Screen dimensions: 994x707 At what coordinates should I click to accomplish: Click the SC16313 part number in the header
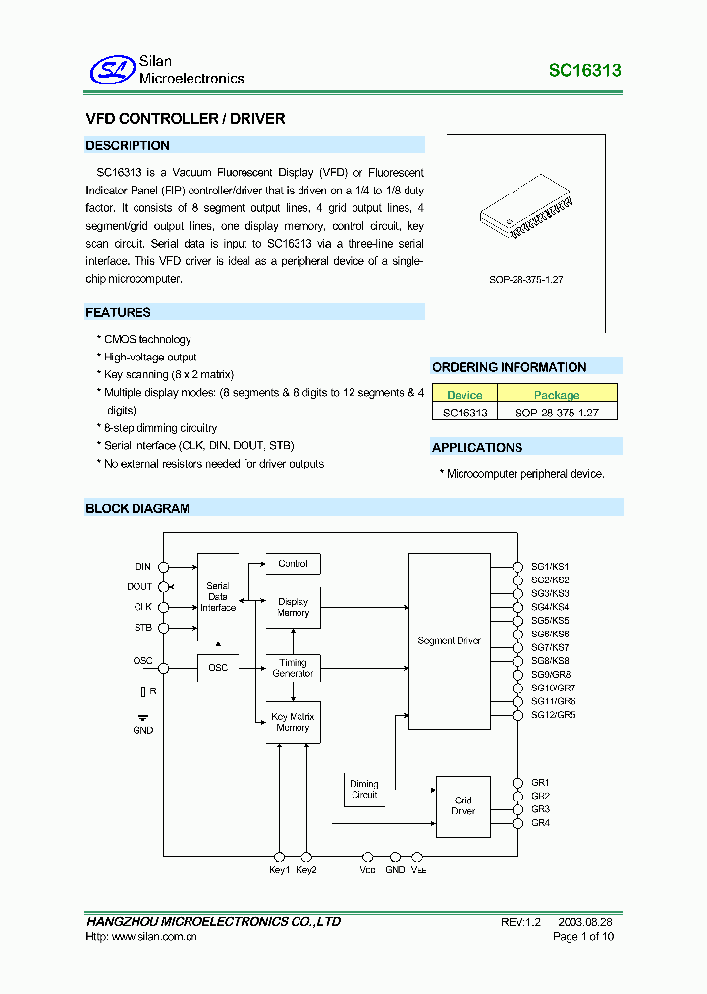coord(584,71)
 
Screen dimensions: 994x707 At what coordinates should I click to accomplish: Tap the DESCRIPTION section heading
coord(128,145)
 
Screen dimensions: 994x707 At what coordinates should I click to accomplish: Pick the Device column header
coord(464,395)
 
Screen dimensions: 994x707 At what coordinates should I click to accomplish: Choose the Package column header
coord(557,395)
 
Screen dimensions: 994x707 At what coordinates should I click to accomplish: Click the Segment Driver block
coord(449,641)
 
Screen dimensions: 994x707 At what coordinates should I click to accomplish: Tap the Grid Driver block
coord(462,806)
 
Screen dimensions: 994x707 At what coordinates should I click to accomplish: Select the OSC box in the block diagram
coord(218,668)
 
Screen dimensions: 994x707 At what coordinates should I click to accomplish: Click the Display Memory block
coord(293,607)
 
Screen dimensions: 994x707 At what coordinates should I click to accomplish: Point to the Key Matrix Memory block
coord(293,722)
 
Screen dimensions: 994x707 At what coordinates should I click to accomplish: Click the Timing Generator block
coord(293,668)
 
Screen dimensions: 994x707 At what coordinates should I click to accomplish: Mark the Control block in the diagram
coord(293,564)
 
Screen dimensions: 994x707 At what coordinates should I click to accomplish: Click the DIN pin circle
coord(163,567)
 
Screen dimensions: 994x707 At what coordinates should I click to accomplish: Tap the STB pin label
coord(143,627)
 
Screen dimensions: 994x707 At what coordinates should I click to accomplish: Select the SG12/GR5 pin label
coord(553,715)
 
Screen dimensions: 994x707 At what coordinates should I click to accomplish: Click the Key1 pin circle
coord(280,856)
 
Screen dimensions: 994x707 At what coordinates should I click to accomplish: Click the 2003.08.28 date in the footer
coord(585,923)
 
